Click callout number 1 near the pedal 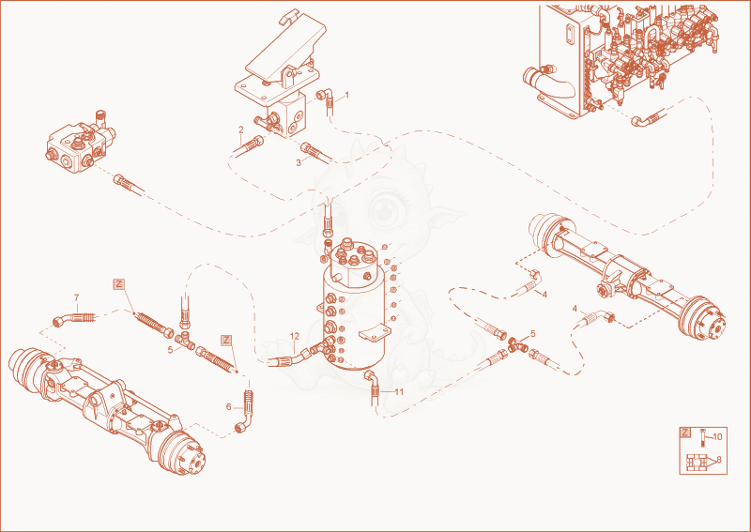pyautogui.click(x=347, y=96)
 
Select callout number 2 pyautogui.click(x=241, y=129)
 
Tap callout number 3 pyautogui.click(x=299, y=163)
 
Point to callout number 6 pyautogui.click(x=228, y=407)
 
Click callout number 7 pyautogui.click(x=77, y=297)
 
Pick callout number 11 pyautogui.click(x=399, y=391)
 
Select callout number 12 pyautogui.click(x=295, y=337)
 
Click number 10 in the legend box pyautogui.click(x=717, y=436)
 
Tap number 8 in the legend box pyautogui.click(x=719, y=460)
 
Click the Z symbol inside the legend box pyautogui.click(x=685, y=433)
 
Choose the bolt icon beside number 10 pyautogui.click(x=702, y=437)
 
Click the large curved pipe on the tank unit pyautogui.click(x=547, y=82)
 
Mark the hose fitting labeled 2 pyautogui.click(x=249, y=145)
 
